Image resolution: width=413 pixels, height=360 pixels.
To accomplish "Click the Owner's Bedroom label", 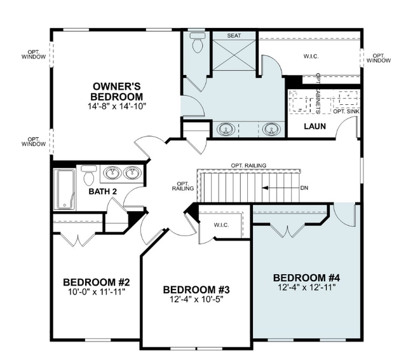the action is (117, 92).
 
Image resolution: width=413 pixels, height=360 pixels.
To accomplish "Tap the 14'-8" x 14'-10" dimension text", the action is (117, 106).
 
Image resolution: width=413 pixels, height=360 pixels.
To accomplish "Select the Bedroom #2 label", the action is (97, 282).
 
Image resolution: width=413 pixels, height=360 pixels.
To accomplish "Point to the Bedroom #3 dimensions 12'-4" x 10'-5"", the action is (196, 300).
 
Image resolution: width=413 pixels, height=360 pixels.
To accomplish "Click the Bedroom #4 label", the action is (307, 278).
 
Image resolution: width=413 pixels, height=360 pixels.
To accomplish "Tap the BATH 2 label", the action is (103, 191).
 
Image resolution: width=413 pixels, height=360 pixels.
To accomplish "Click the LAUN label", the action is (315, 127).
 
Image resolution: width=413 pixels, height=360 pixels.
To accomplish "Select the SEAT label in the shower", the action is (234, 36).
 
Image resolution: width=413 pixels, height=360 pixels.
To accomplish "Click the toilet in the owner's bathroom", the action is (198, 43).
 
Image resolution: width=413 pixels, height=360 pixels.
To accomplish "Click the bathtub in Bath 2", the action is (65, 190).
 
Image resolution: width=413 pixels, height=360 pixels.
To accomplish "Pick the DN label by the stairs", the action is (304, 188).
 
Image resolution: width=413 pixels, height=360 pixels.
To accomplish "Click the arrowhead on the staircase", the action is (265, 188).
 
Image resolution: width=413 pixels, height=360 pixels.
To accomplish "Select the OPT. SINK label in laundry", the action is (346, 111).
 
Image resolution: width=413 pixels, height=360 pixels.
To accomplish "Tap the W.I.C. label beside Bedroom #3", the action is (221, 225).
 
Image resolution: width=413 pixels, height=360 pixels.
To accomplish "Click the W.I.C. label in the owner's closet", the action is (311, 56).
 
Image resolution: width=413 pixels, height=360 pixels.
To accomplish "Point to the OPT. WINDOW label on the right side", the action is (379, 59).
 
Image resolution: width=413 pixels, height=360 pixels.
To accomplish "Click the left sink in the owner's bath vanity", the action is (226, 129).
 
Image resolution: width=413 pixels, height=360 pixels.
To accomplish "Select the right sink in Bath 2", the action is (133, 173).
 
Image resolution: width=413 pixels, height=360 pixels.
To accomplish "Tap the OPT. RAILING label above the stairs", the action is (248, 165).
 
